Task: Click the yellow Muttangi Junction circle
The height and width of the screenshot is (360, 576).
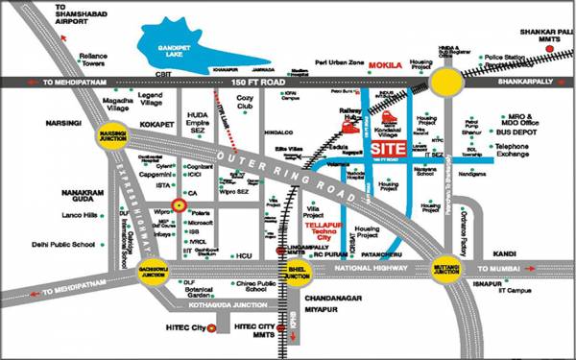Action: pyautogui.click(x=446, y=273)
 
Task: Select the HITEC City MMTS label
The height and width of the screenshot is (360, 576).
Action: pyautogui.click(x=260, y=331)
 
